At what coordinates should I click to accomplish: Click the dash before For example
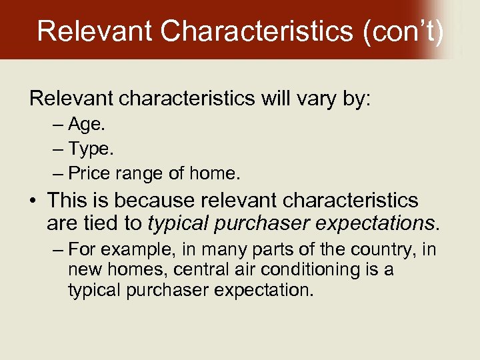click(57, 250)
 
